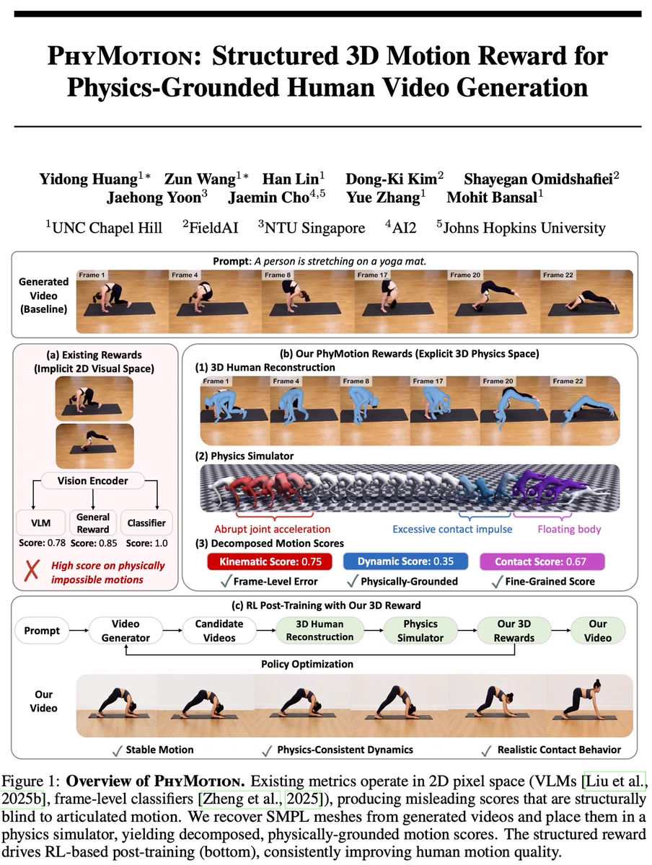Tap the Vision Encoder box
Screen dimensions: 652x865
pyautogui.click(x=92, y=481)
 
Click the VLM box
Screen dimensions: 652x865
pyautogui.click(x=40, y=523)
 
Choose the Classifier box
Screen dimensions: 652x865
pyautogui.click(x=146, y=523)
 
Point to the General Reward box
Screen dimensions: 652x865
pyautogui.click(x=92, y=523)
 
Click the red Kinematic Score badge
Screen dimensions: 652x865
pyautogui.click(x=270, y=561)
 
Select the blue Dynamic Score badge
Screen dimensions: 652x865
pyautogui.click(x=405, y=561)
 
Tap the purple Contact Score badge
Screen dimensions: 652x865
pyautogui.click(x=542, y=561)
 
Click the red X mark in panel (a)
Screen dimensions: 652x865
pyautogui.click(x=32, y=570)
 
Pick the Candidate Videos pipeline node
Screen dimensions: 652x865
pyautogui.click(x=219, y=631)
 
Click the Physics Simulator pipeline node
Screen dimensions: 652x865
pyautogui.click(x=420, y=631)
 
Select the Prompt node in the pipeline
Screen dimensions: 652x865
pyautogui.click(x=42, y=631)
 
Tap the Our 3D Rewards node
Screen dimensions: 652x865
pyautogui.click(x=514, y=631)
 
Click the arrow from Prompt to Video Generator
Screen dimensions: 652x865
pyautogui.click(x=79, y=631)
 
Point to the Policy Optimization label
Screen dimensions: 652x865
pyautogui.click(x=307, y=664)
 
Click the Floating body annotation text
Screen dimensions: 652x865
pyautogui.click(x=569, y=529)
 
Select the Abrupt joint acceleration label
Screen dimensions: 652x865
pyautogui.click(x=273, y=529)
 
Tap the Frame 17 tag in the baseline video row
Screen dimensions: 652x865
pyautogui.click(x=372, y=275)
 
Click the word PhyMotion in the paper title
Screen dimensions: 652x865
pyautogui.click(x=125, y=56)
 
